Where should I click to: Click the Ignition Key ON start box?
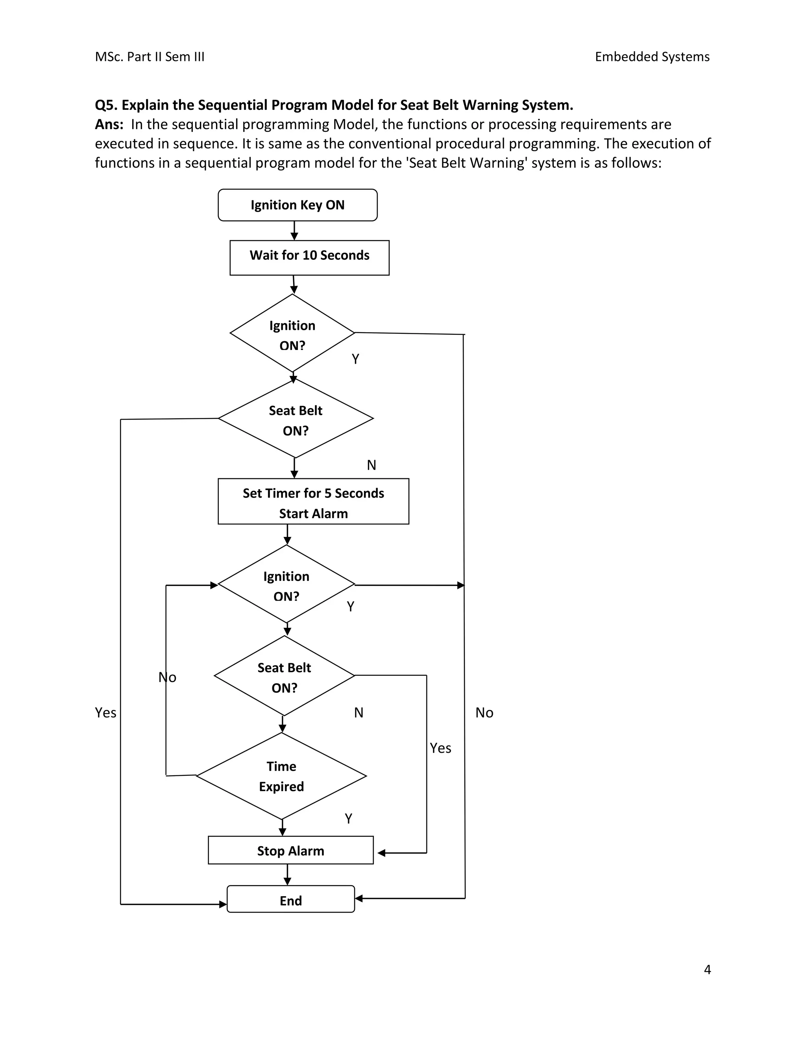pyautogui.click(x=297, y=205)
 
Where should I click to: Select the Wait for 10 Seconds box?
pyautogui.click(x=309, y=257)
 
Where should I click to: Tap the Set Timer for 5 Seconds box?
pyautogui.click(x=313, y=501)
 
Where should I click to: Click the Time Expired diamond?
pyautogui.click(x=281, y=776)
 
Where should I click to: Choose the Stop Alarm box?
pyautogui.click(x=290, y=851)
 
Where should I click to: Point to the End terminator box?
pyautogui.click(x=290, y=900)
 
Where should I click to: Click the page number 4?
pyautogui.click(x=707, y=969)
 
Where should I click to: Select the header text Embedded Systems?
pyautogui.click(x=652, y=57)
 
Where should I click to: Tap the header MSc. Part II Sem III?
pyautogui.click(x=150, y=57)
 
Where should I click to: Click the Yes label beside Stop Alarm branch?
pyautogui.click(x=440, y=748)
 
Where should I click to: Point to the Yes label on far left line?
pyautogui.click(x=105, y=712)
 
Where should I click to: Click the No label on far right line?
pyautogui.click(x=484, y=712)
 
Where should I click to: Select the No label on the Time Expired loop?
pyautogui.click(x=168, y=677)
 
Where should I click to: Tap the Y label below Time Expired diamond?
pyautogui.click(x=349, y=819)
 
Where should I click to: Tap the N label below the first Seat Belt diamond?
pyautogui.click(x=372, y=465)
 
